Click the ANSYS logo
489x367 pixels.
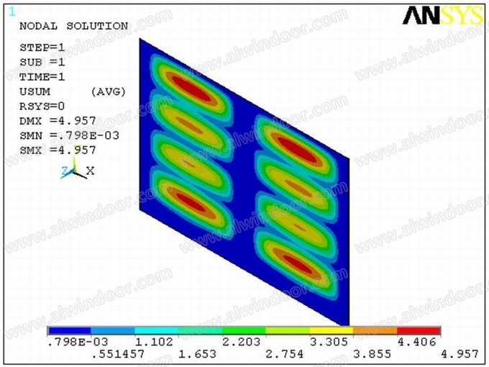pyautogui.click(x=443, y=15)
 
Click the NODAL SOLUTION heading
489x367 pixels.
pyautogui.click(x=74, y=26)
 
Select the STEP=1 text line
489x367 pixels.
pyautogui.click(x=42, y=47)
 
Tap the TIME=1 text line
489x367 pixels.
pyautogui.click(x=42, y=77)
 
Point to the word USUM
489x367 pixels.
pyautogui.click(x=35, y=92)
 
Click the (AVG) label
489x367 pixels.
pyautogui.click(x=108, y=92)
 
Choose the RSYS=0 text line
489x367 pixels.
pyautogui.click(x=42, y=107)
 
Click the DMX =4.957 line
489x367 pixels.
pyautogui.click(x=58, y=121)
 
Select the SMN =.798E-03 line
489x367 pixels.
pyautogui.click(x=69, y=135)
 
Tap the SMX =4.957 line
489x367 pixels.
pyautogui.click(x=58, y=150)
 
